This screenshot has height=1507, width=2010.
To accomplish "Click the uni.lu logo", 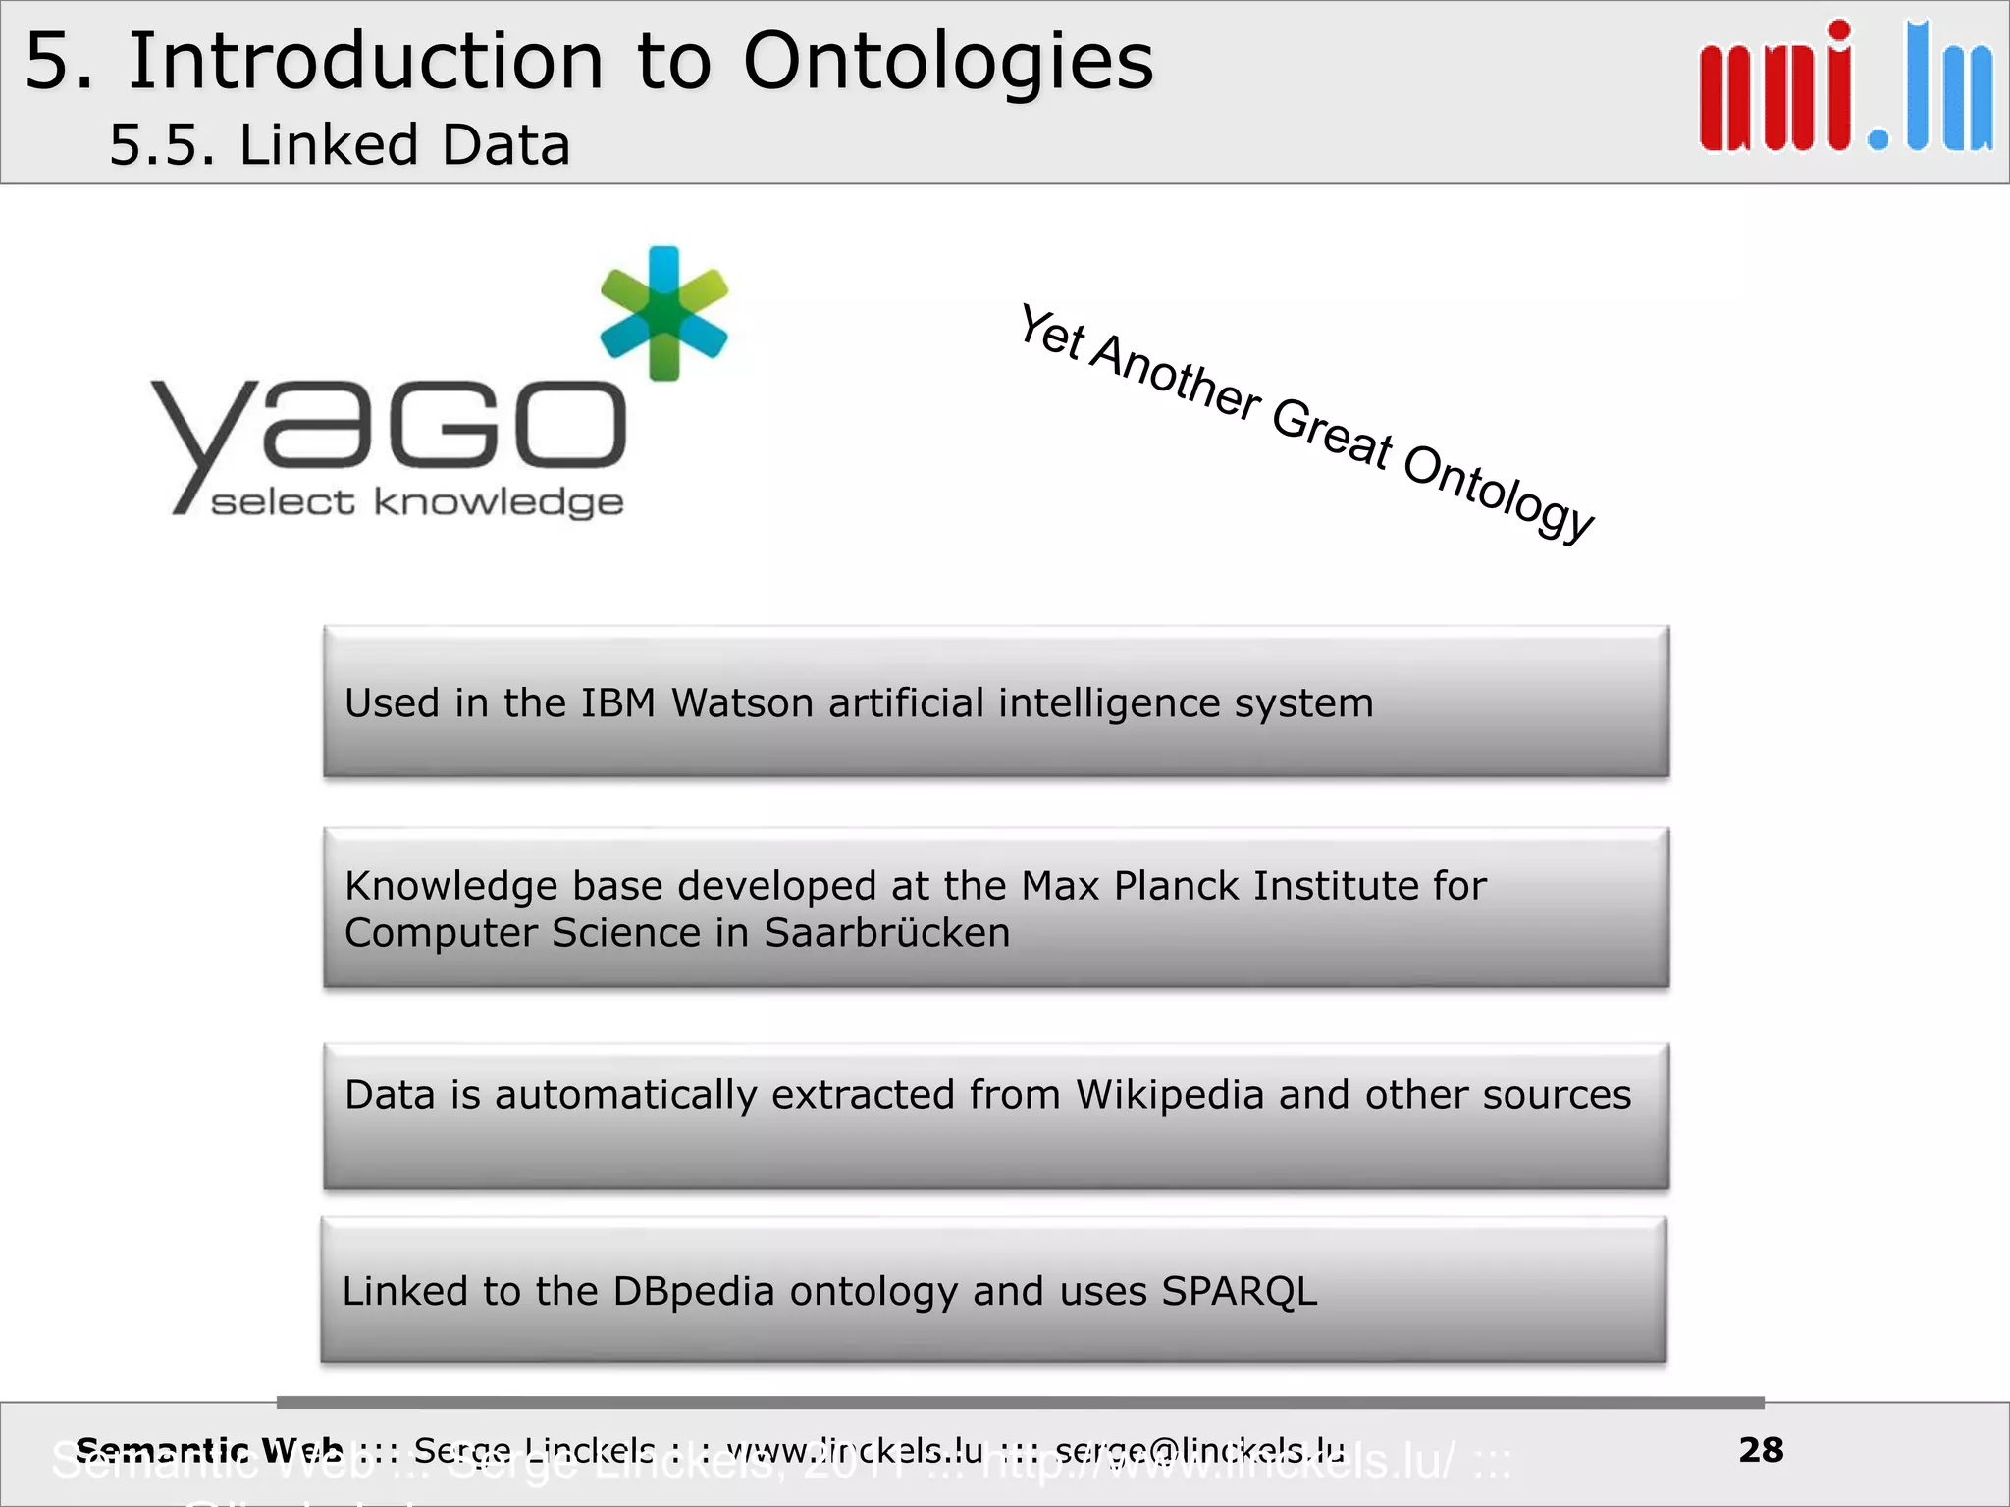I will [x=1845, y=88].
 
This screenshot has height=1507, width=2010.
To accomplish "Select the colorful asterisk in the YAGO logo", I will [x=664, y=313].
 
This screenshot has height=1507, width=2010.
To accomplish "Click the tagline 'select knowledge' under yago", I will [x=417, y=502].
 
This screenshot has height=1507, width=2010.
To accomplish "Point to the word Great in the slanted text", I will [x=1332, y=433].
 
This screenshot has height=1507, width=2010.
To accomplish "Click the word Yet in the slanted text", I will [x=1051, y=333].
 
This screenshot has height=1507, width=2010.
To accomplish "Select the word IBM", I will [x=617, y=703].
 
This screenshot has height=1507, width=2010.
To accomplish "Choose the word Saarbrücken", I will [x=886, y=933].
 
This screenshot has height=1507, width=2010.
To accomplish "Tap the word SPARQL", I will [x=1239, y=1292].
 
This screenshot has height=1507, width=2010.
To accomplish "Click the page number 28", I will [x=1761, y=1450].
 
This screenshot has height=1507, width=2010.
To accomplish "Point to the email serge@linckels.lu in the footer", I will [x=1199, y=1450].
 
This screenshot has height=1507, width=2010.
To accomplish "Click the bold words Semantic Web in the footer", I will [x=209, y=1450].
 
